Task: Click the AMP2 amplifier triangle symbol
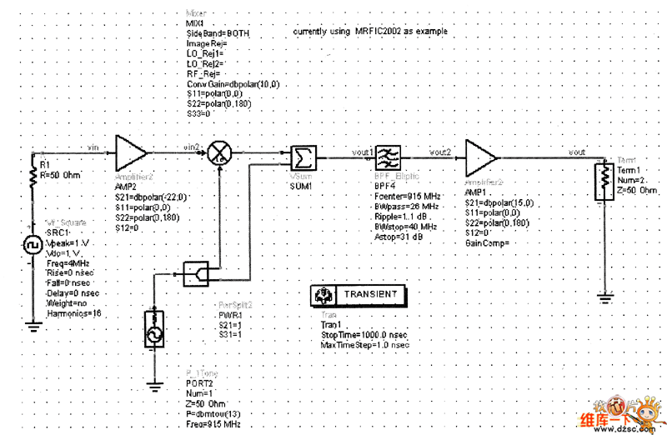pyautogui.click(x=130, y=153)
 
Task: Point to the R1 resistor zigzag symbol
pyautogui.click(x=33, y=178)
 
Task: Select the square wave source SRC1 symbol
pyautogui.click(x=33, y=247)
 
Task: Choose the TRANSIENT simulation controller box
pyautogui.click(x=359, y=295)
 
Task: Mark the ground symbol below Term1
pyautogui.click(x=602, y=294)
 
